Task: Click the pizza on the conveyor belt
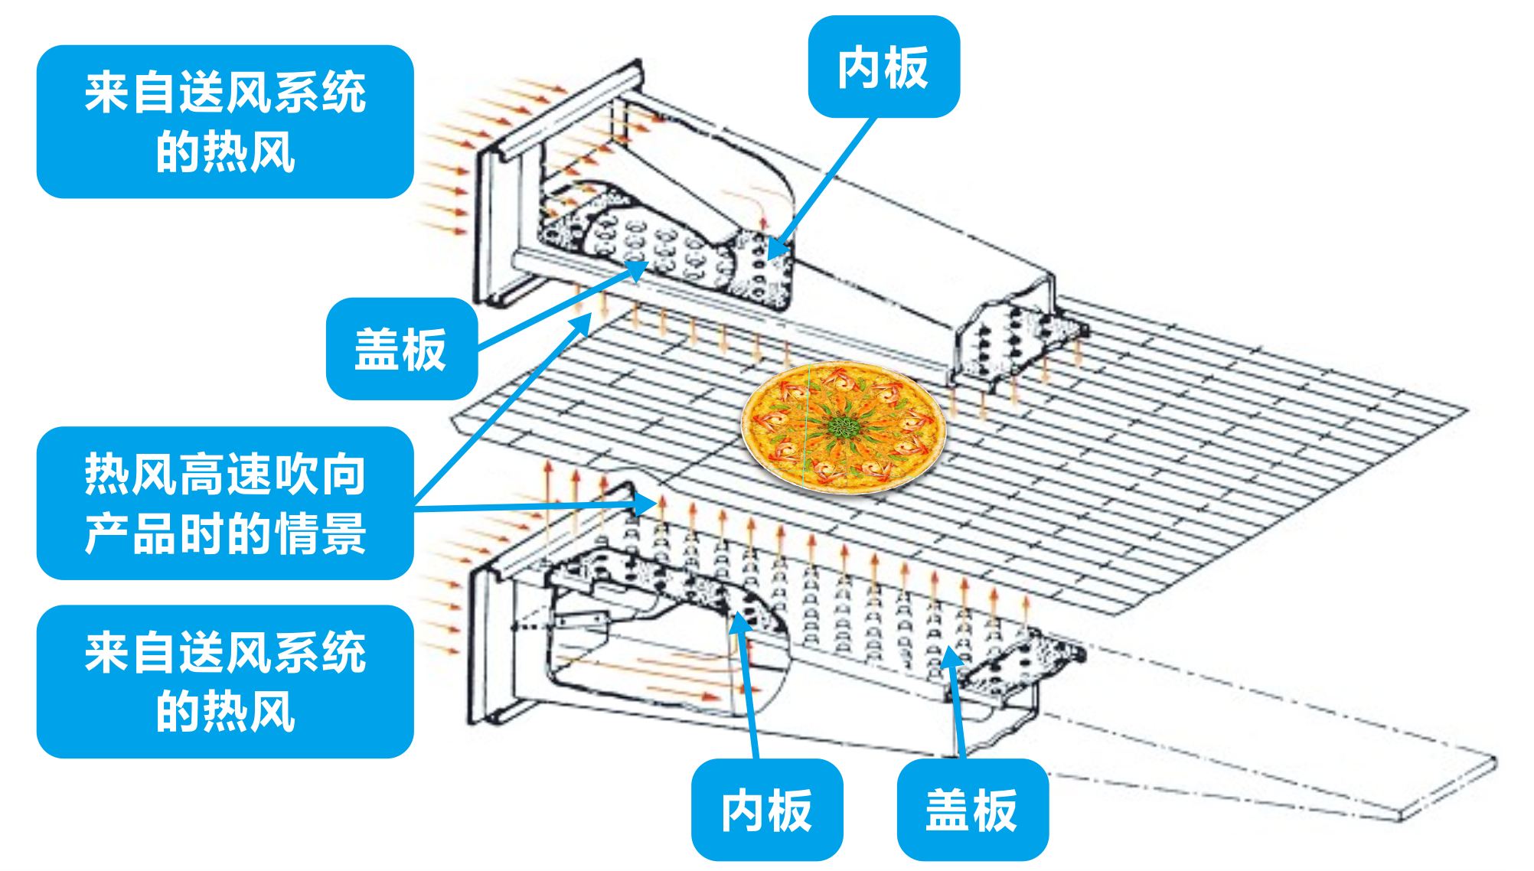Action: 844,428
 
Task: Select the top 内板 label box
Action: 883,67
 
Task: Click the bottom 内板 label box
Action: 766,810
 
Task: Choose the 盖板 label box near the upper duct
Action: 401,349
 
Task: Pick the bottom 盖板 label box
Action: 971,810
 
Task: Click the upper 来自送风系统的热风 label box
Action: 225,122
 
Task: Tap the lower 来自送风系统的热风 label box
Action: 225,681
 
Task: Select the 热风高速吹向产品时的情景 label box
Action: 225,503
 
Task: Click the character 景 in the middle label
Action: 344,534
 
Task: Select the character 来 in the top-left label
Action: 107,93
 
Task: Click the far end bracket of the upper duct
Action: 1018,337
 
